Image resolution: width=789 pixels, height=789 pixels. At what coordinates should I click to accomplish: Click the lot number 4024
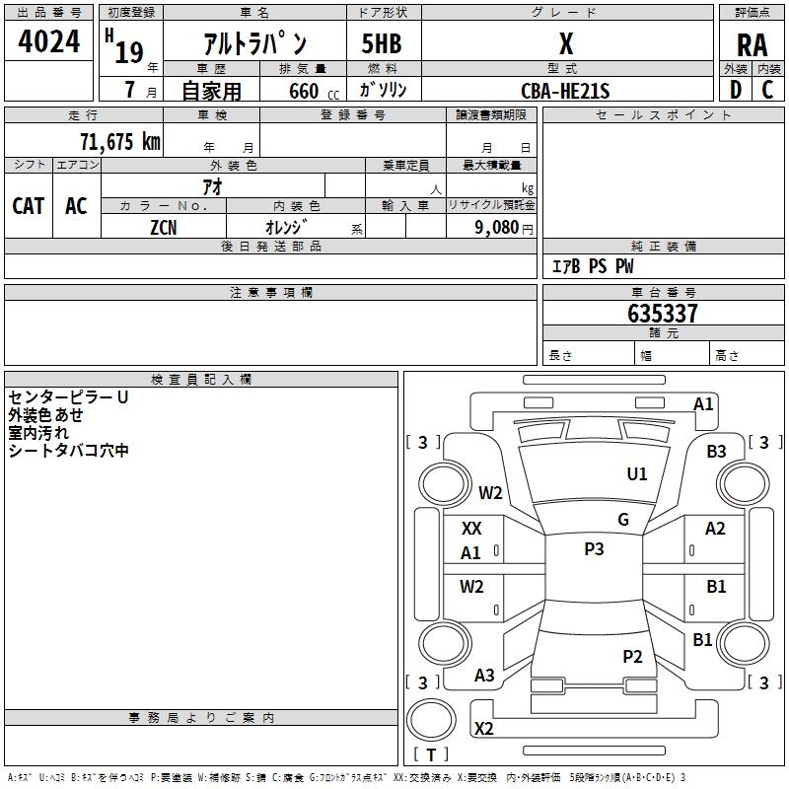click(x=48, y=41)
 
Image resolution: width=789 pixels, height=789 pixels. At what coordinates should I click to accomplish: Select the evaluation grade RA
click(x=752, y=45)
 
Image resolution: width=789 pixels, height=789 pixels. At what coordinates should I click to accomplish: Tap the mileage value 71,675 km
click(x=120, y=142)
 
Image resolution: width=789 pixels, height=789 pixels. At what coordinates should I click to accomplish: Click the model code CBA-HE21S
click(x=565, y=91)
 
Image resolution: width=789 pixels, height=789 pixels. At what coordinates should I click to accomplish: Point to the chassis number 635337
click(x=663, y=314)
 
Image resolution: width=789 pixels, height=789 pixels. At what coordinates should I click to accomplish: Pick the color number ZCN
click(x=164, y=228)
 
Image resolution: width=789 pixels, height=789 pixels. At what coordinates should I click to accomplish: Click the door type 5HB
click(x=382, y=43)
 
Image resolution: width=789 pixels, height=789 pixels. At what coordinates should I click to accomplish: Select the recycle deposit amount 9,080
click(x=497, y=228)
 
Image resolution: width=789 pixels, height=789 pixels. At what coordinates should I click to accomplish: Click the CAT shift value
click(x=29, y=206)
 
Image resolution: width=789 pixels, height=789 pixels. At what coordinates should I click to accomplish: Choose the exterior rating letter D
click(x=736, y=90)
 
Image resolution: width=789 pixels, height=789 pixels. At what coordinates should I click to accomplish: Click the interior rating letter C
click(x=767, y=90)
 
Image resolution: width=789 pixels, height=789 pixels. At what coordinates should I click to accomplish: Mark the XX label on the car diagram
click(x=471, y=529)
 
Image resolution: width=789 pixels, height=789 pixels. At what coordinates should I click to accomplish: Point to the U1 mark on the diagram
click(x=636, y=474)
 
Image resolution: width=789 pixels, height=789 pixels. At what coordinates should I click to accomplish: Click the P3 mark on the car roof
click(x=594, y=549)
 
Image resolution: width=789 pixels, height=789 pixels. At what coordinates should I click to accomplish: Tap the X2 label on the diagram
click(x=483, y=729)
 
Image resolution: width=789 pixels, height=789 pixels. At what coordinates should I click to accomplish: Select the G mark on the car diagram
click(x=623, y=520)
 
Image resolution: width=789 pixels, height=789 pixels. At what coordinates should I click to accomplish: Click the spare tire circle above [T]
click(x=431, y=720)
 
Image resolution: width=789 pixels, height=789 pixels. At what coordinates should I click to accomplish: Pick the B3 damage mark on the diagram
click(x=716, y=452)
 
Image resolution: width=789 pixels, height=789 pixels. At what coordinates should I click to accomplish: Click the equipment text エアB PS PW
click(x=593, y=266)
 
